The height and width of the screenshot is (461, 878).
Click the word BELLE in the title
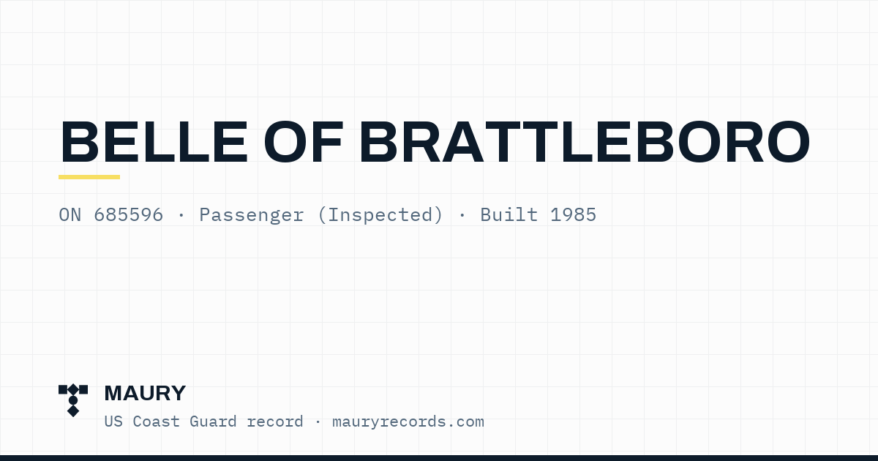point(154,142)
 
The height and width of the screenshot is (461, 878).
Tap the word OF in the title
point(304,142)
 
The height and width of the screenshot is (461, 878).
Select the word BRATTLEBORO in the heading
point(585,142)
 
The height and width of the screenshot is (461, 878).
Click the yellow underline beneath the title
point(89,177)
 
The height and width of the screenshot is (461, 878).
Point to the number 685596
point(128,215)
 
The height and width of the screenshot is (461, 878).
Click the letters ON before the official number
point(70,215)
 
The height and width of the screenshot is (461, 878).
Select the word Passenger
point(252,216)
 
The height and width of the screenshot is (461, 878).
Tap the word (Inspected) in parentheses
point(380,216)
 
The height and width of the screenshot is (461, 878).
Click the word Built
point(509,215)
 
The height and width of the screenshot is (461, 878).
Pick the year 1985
point(573,215)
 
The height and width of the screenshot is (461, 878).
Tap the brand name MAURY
point(145,393)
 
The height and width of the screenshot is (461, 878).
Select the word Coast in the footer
point(157,421)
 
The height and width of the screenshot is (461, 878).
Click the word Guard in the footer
point(213,421)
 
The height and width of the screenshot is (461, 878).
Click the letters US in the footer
point(113,421)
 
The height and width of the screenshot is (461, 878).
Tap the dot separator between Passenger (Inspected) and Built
point(462,215)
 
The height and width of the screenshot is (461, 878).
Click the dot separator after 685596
point(181,215)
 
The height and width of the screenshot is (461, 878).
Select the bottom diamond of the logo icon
point(73,411)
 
